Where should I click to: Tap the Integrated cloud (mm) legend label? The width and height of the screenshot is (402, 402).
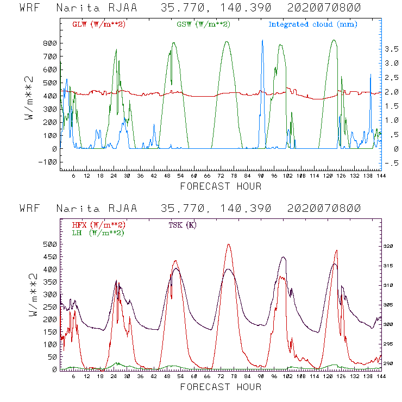click(x=313, y=24)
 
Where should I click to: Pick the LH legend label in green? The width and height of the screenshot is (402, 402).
click(x=97, y=233)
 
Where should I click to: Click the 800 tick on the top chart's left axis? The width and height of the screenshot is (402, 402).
click(x=50, y=43)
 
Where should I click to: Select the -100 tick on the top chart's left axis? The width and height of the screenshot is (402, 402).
click(x=48, y=162)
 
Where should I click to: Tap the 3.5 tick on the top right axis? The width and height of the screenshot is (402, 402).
click(x=391, y=49)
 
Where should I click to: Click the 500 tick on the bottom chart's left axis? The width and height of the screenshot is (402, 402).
click(x=50, y=244)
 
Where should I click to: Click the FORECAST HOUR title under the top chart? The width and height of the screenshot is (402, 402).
click(x=221, y=186)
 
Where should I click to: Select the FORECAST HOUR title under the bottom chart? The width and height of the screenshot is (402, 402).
click(x=221, y=387)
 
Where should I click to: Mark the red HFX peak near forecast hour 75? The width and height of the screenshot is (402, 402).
click(x=229, y=244)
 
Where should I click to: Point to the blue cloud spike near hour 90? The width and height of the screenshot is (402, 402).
click(x=262, y=40)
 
